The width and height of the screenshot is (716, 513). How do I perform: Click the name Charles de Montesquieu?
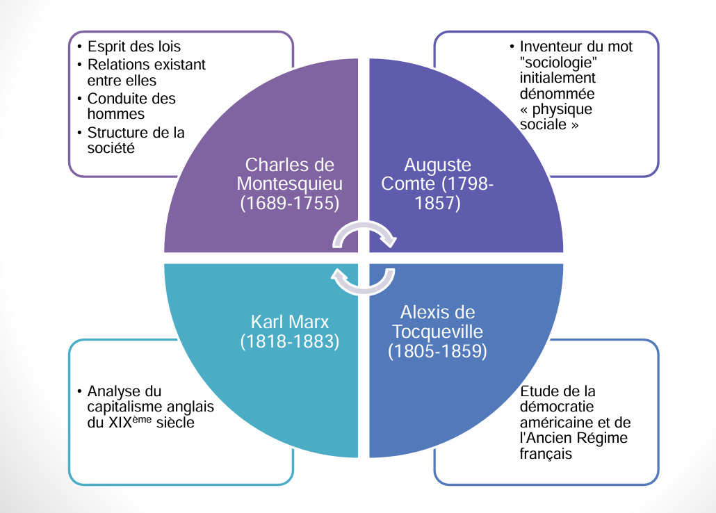pos(289,174)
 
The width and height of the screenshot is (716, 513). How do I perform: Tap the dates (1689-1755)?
pos(289,203)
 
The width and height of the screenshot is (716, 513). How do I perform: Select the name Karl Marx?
pos(289,322)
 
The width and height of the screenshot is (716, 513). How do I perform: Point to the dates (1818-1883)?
pos(289,341)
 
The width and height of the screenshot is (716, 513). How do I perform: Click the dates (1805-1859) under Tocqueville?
pos(437,351)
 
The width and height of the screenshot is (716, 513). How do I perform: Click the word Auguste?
pos(437,165)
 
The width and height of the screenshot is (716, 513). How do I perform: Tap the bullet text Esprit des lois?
pos(134,47)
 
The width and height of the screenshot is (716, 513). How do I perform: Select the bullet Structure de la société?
pos(136,140)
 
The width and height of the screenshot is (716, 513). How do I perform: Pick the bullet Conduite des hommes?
pos(131,106)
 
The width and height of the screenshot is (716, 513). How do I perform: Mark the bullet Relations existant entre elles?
pos(147,72)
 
